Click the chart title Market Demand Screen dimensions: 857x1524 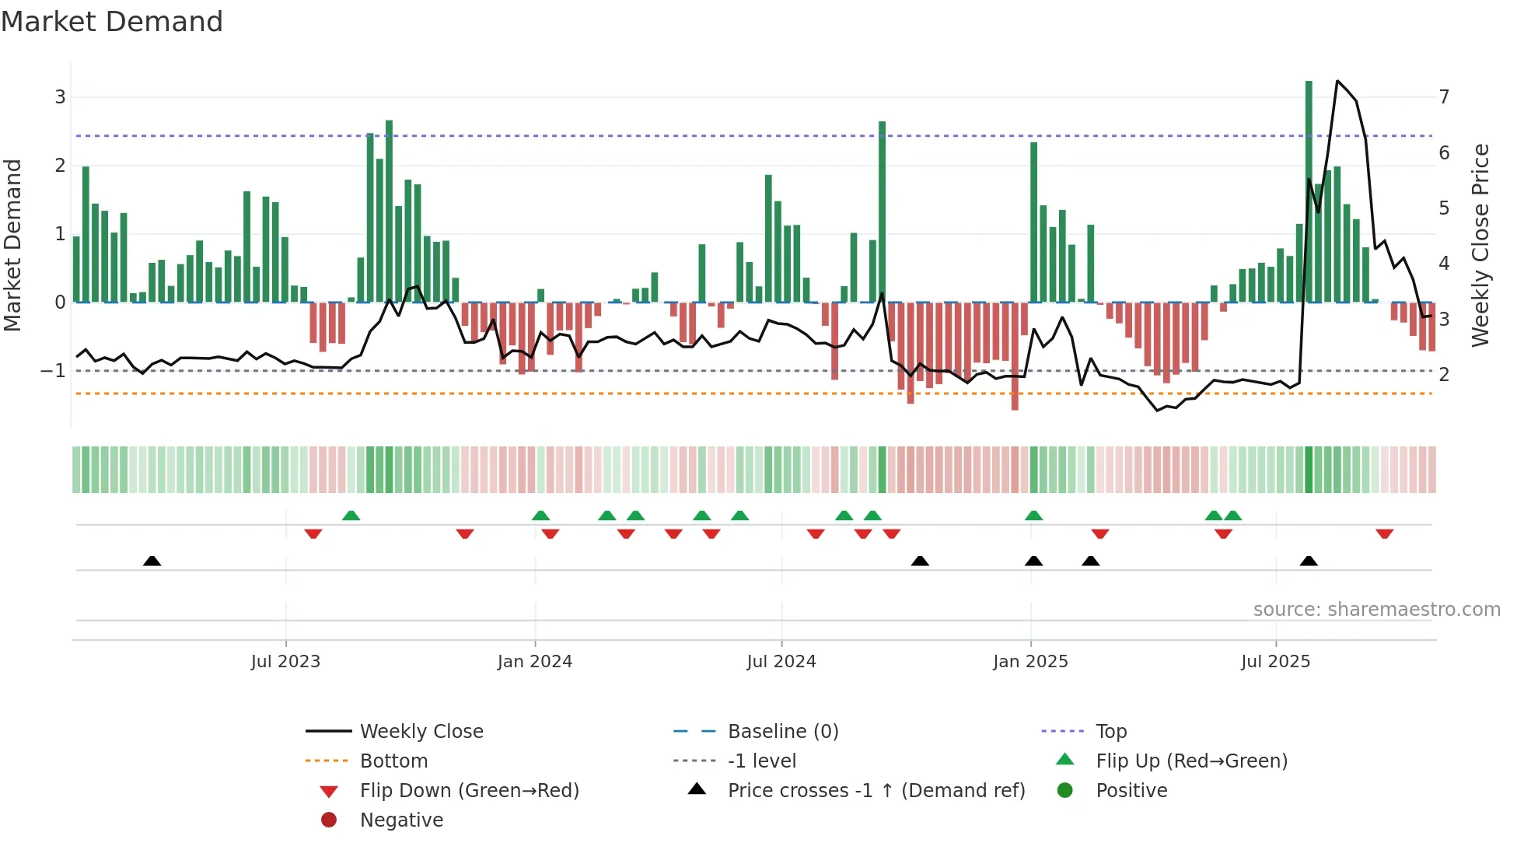pos(112,22)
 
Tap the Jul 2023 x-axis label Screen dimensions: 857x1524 pos(285,662)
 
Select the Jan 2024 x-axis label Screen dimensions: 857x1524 pos(535,662)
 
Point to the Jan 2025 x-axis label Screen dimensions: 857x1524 pos(1030,662)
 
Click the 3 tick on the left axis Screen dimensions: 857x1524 pos(60,97)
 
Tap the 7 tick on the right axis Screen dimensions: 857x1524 pos(1444,97)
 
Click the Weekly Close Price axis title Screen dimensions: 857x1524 pos(1480,245)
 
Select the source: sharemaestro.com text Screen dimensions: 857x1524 pos(1376,610)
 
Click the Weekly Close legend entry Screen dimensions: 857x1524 pos(421,732)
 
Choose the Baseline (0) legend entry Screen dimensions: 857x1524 pos(782,732)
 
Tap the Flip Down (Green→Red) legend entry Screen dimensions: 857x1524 pos(469,791)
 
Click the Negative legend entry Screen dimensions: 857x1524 pos(401,820)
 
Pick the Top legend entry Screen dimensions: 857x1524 pos(1111,732)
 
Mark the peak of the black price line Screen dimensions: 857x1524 pos(1337,81)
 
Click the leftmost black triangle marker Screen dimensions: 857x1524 pos(152,561)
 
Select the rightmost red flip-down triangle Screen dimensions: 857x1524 pos(1384,534)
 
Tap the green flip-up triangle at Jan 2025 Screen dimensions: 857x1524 pos(1033,516)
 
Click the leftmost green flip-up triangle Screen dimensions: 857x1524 pos(351,516)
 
